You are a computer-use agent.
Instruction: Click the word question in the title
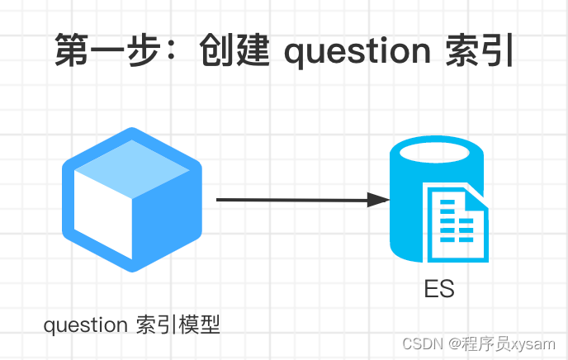point(356,52)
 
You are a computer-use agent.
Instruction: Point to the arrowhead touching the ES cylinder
point(379,199)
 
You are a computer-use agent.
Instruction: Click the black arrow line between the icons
point(289,199)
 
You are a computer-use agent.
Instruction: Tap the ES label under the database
point(439,290)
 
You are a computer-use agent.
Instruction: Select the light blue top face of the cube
point(132,163)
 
